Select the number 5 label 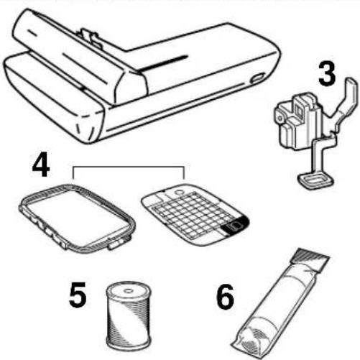(x=78, y=295)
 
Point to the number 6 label (x=225, y=296)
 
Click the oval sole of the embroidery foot (x=315, y=180)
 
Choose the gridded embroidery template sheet (x=195, y=214)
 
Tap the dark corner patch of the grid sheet (x=235, y=226)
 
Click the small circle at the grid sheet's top (x=178, y=193)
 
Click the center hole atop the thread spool (x=129, y=290)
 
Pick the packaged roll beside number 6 (x=280, y=304)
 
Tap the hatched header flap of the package (x=310, y=259)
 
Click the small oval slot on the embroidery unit (x=257, y=78)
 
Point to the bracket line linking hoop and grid (x=129, y=166)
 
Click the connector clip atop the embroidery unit (x=89, y=37)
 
